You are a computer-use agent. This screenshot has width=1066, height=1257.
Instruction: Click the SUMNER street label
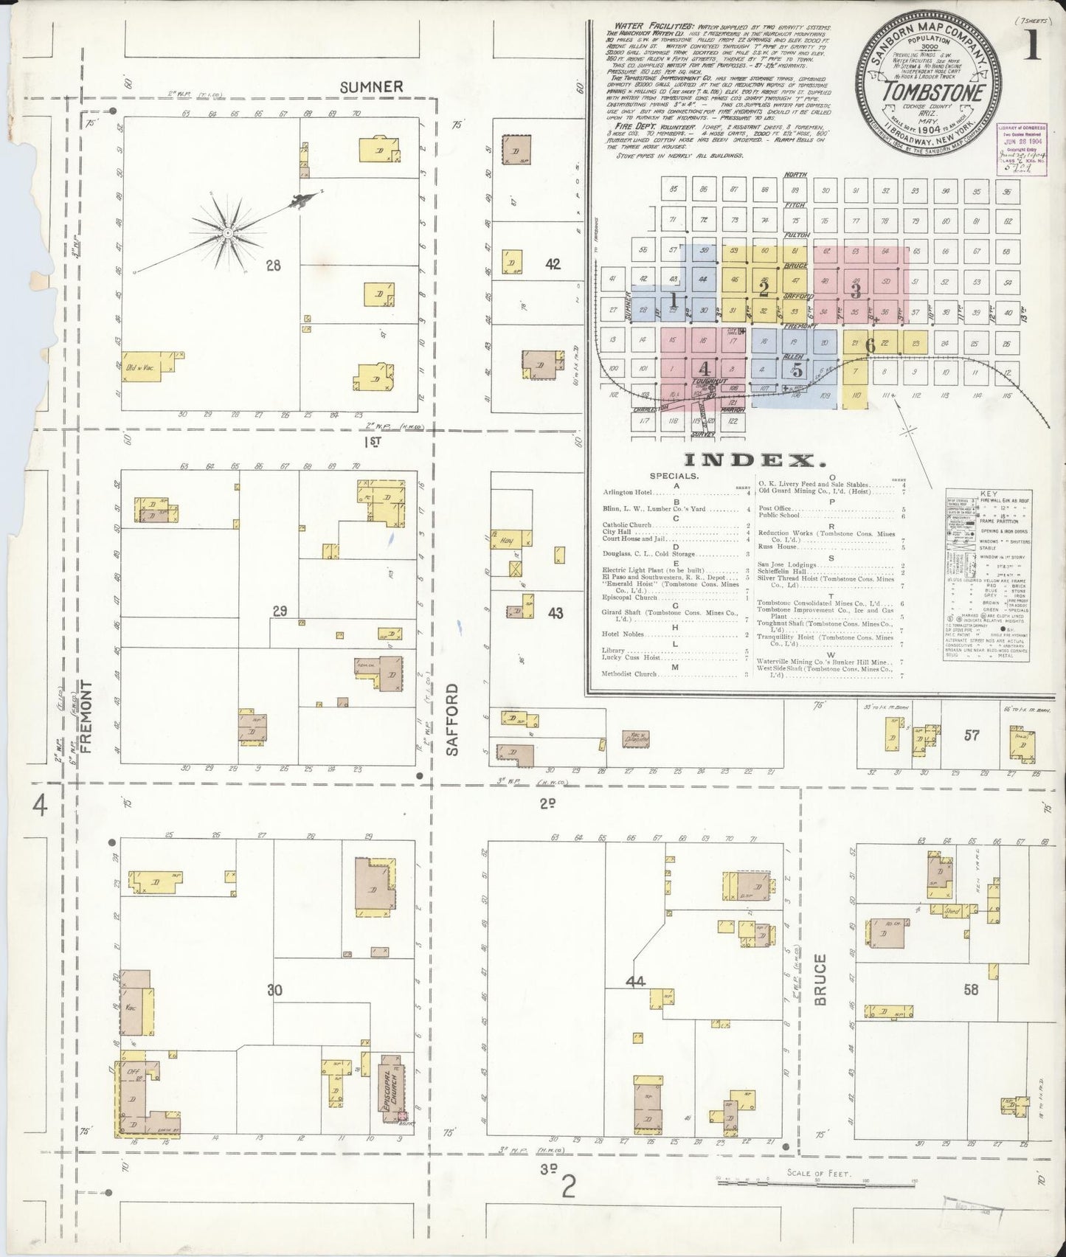pos(371,86)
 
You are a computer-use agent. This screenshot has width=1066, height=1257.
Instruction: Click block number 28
pos(274,265)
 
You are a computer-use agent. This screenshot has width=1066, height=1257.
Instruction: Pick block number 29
pos(279,611)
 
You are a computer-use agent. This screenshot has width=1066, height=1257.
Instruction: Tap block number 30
pos(274,990)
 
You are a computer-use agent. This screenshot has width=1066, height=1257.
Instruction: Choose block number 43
pos(556,612)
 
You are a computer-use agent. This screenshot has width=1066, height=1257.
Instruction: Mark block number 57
pos(971,735)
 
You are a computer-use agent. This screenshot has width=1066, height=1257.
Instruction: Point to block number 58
pos(971,990)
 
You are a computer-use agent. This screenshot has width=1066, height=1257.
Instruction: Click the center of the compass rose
pos(229,232)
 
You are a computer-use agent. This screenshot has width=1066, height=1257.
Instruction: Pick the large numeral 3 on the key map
pos(855,290)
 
